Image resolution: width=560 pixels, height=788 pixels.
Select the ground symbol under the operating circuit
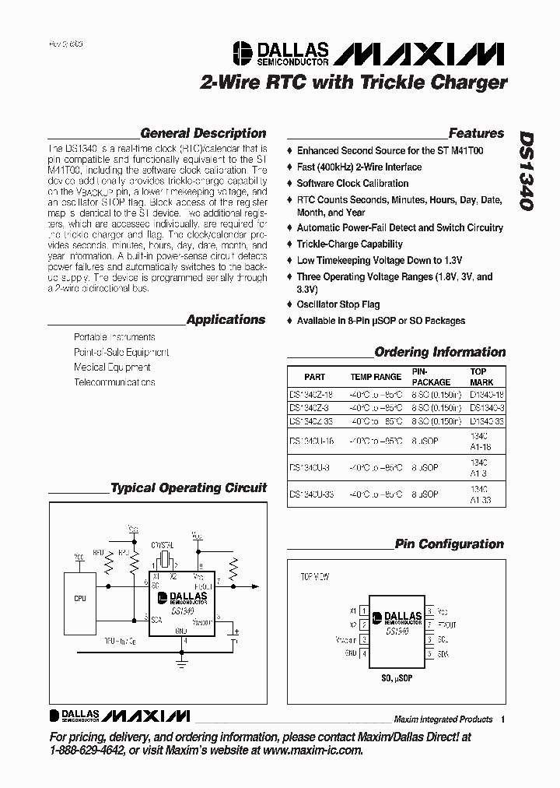183,662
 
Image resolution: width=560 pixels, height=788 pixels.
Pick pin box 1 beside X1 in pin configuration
363,610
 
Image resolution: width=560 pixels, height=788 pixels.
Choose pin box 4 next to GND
363,653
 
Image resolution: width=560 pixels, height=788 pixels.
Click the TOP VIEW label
315,577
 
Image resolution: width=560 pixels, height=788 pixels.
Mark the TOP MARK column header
479,377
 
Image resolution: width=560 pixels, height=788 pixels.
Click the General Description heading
203,133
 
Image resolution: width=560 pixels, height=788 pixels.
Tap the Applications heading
226,319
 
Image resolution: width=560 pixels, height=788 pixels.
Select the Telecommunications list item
114,382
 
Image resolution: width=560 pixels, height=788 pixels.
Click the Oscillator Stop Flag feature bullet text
338,304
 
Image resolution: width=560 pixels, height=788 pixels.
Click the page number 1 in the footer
502,719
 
